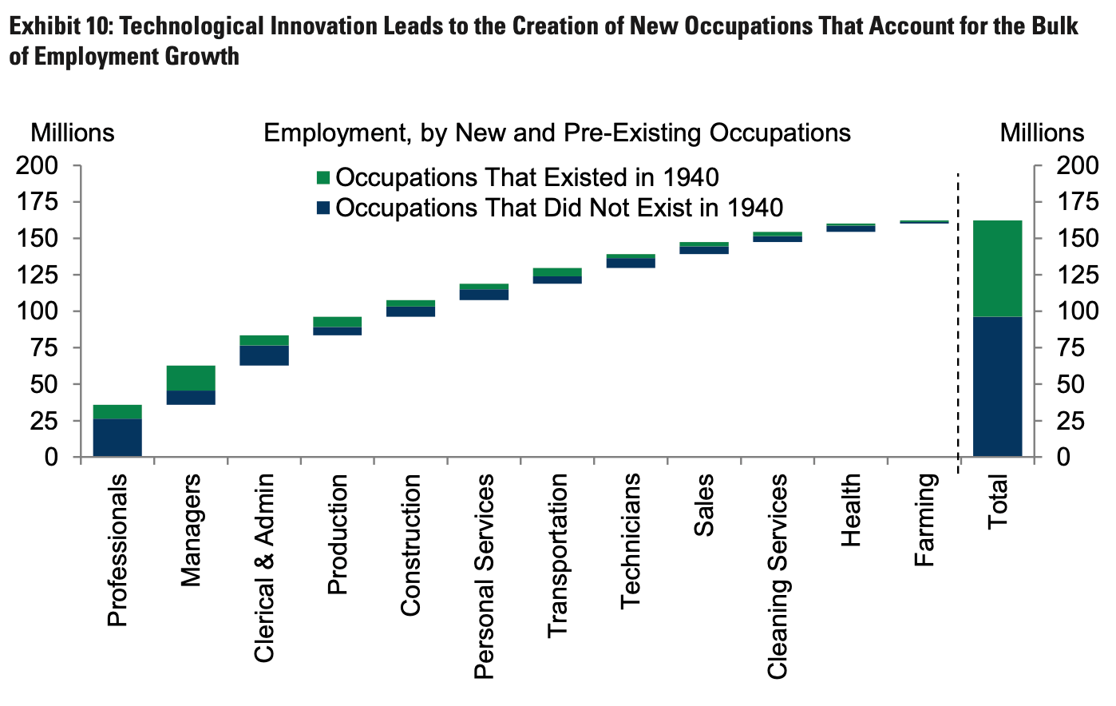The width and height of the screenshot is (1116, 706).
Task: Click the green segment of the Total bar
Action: tap(997, 268)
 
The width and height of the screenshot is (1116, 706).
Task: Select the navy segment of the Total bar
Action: tap(997, 387)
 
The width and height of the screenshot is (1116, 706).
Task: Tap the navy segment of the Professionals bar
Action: tap(117, 438)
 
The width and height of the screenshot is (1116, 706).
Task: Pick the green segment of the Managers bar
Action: tap(191, 378)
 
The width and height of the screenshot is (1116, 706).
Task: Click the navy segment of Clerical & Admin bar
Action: tap(264, 355)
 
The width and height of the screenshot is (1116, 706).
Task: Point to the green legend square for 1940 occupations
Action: tap(323, 177)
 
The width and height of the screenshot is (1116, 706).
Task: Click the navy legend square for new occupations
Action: tap(323, 208)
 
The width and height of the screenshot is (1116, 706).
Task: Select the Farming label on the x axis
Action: tap(924, 520)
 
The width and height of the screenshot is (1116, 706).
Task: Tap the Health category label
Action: tap(851, 510)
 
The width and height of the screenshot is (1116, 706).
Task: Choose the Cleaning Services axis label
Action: tap(778, 577)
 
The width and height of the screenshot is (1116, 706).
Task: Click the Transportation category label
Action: tap(557, 556)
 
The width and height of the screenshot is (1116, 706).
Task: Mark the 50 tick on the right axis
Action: tap(1070, 384)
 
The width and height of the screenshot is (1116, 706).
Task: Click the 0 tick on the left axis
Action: tap(51, 457)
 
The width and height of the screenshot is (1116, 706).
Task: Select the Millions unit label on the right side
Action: tap(1043, 133)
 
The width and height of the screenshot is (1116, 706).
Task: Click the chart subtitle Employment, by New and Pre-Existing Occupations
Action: tap(557, 133)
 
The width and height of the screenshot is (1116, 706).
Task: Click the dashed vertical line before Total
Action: tap(958, 323)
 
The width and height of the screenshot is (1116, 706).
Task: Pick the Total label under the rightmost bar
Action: tap(998, 501)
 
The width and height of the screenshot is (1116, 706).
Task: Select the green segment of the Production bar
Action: tap(338, 322)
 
